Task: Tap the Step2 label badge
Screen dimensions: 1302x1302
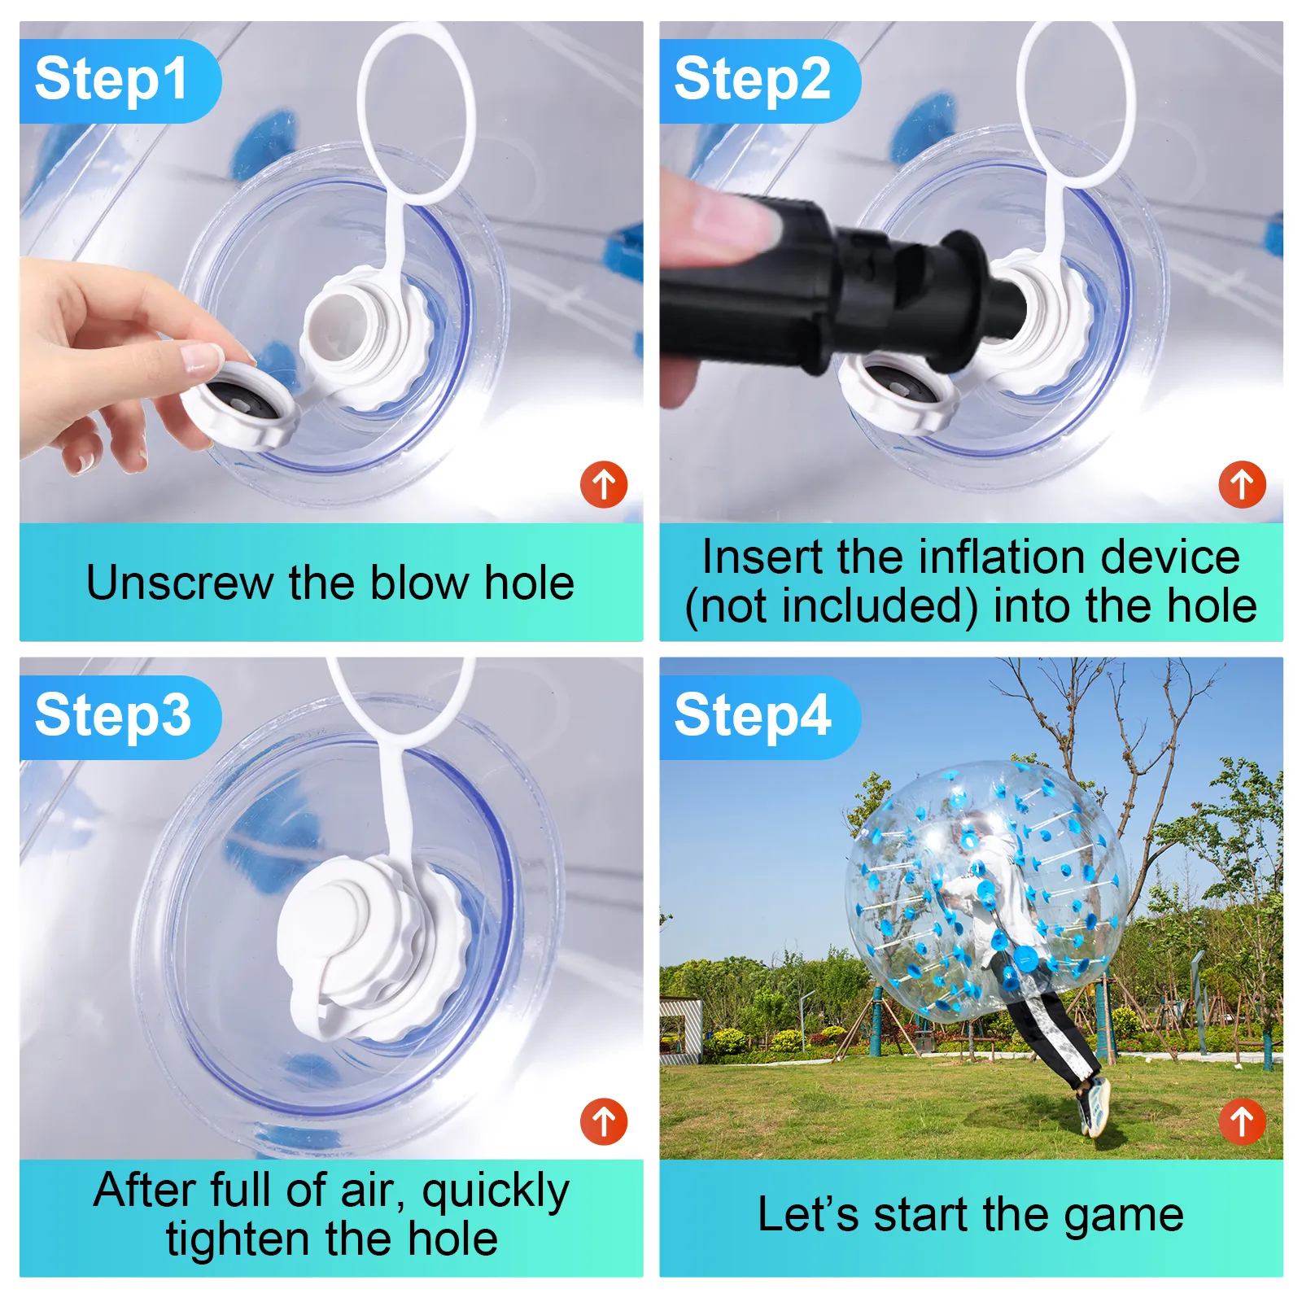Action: click(759, 81)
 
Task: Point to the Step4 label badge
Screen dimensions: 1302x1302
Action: click(759, 717)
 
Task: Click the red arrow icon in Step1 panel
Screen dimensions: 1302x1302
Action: click(604, 485)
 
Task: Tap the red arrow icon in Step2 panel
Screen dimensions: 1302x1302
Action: click(1243, 485)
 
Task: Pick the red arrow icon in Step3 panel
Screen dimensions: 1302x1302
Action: click(604, 1121)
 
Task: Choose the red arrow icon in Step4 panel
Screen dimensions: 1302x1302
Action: click(1243, 1121)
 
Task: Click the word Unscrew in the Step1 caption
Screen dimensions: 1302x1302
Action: click(180, 583)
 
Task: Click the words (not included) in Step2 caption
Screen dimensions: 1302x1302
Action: click(831, 607)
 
